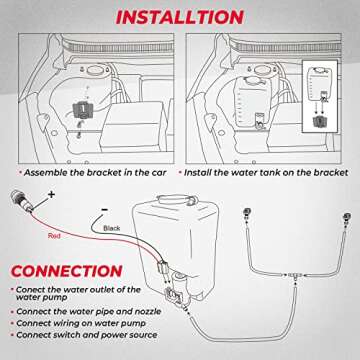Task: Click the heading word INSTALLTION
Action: click(x=180, y=16)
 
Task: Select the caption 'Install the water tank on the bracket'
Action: click(x=267, y=171)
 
